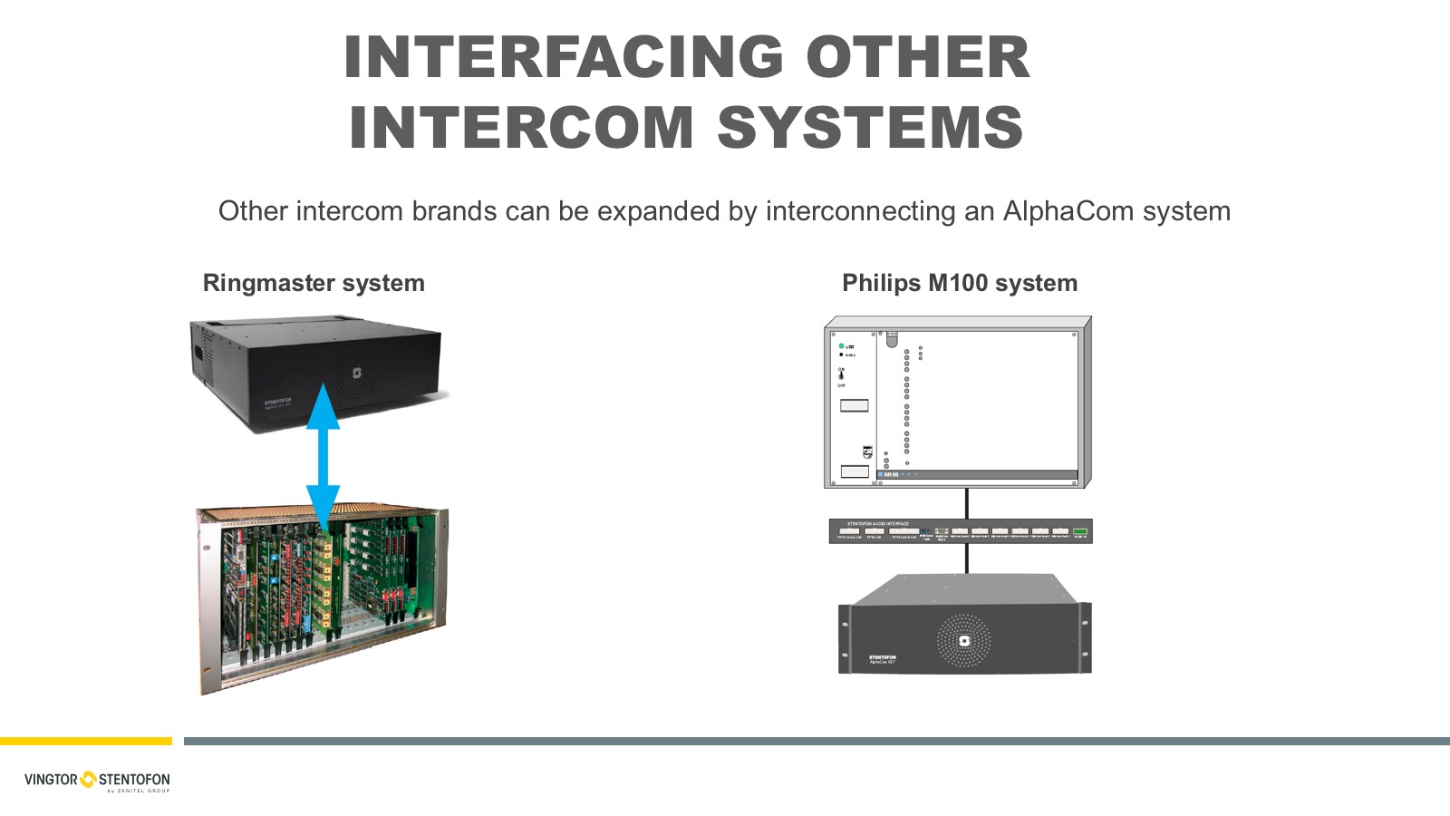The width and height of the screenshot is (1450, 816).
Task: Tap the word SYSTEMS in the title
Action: coord(870,127)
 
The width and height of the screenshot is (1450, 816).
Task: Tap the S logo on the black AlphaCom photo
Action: coord(357,373)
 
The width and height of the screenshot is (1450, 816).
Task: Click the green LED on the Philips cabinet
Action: coord(842,346)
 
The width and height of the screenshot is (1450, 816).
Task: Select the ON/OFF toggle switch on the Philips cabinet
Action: coord(841,375)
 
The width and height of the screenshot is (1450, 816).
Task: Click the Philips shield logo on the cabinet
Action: coord(867,451)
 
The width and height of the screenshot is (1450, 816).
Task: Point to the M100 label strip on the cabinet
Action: coord(977,474)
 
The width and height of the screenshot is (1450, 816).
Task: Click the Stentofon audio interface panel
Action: coord(961,531)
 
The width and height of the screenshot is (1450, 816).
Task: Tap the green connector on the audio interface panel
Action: coord(1079,531)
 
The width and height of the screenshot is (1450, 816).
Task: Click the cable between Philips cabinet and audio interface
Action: coord(967,503)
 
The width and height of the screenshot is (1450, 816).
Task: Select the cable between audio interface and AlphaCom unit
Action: coord(967,558)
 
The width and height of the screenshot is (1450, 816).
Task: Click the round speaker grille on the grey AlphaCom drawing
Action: coord(963,641)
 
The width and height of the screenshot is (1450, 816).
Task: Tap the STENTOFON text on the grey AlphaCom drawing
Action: coord(882,657)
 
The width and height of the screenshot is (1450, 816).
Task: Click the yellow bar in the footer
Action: coord(86,741)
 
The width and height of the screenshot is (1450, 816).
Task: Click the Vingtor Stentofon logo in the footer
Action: coord(97,780)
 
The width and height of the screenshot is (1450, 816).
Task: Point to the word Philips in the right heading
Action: coord(881,283)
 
